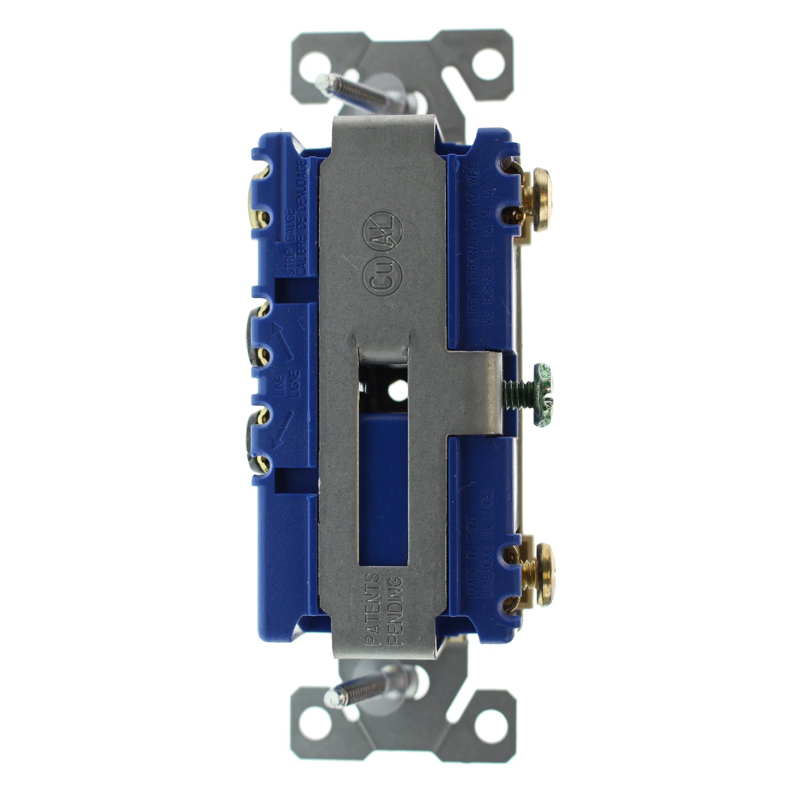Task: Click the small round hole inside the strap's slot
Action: click(x=396, y=392)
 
